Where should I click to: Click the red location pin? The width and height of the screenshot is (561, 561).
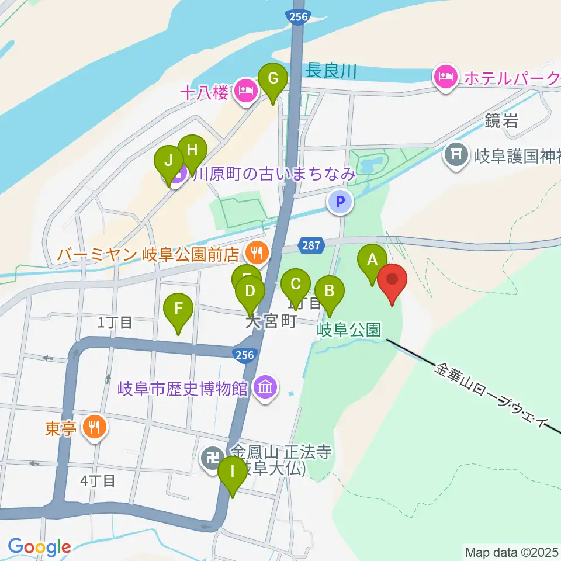point(392,282)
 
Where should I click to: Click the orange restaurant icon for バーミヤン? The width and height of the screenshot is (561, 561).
point(256,253)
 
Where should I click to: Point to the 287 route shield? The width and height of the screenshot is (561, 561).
point(311,245)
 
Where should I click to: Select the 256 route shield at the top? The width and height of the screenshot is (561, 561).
point(297,18)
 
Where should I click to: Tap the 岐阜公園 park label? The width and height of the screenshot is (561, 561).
point(349,330)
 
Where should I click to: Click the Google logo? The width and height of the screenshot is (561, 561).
point(39,547)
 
